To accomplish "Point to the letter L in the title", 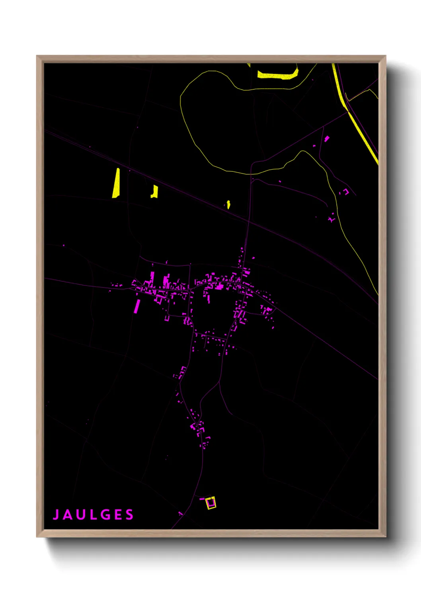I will [92, 515].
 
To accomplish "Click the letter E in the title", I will [117, 515].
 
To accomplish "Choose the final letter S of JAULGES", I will [129, 515].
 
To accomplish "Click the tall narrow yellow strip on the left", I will [116, 183].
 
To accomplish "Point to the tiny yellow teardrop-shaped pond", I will [228, 205].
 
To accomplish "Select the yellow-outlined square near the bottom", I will [211, 503].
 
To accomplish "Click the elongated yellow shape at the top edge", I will [278, 74].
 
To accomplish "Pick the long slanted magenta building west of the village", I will [137, 306].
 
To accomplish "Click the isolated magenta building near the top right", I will [327, 139].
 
